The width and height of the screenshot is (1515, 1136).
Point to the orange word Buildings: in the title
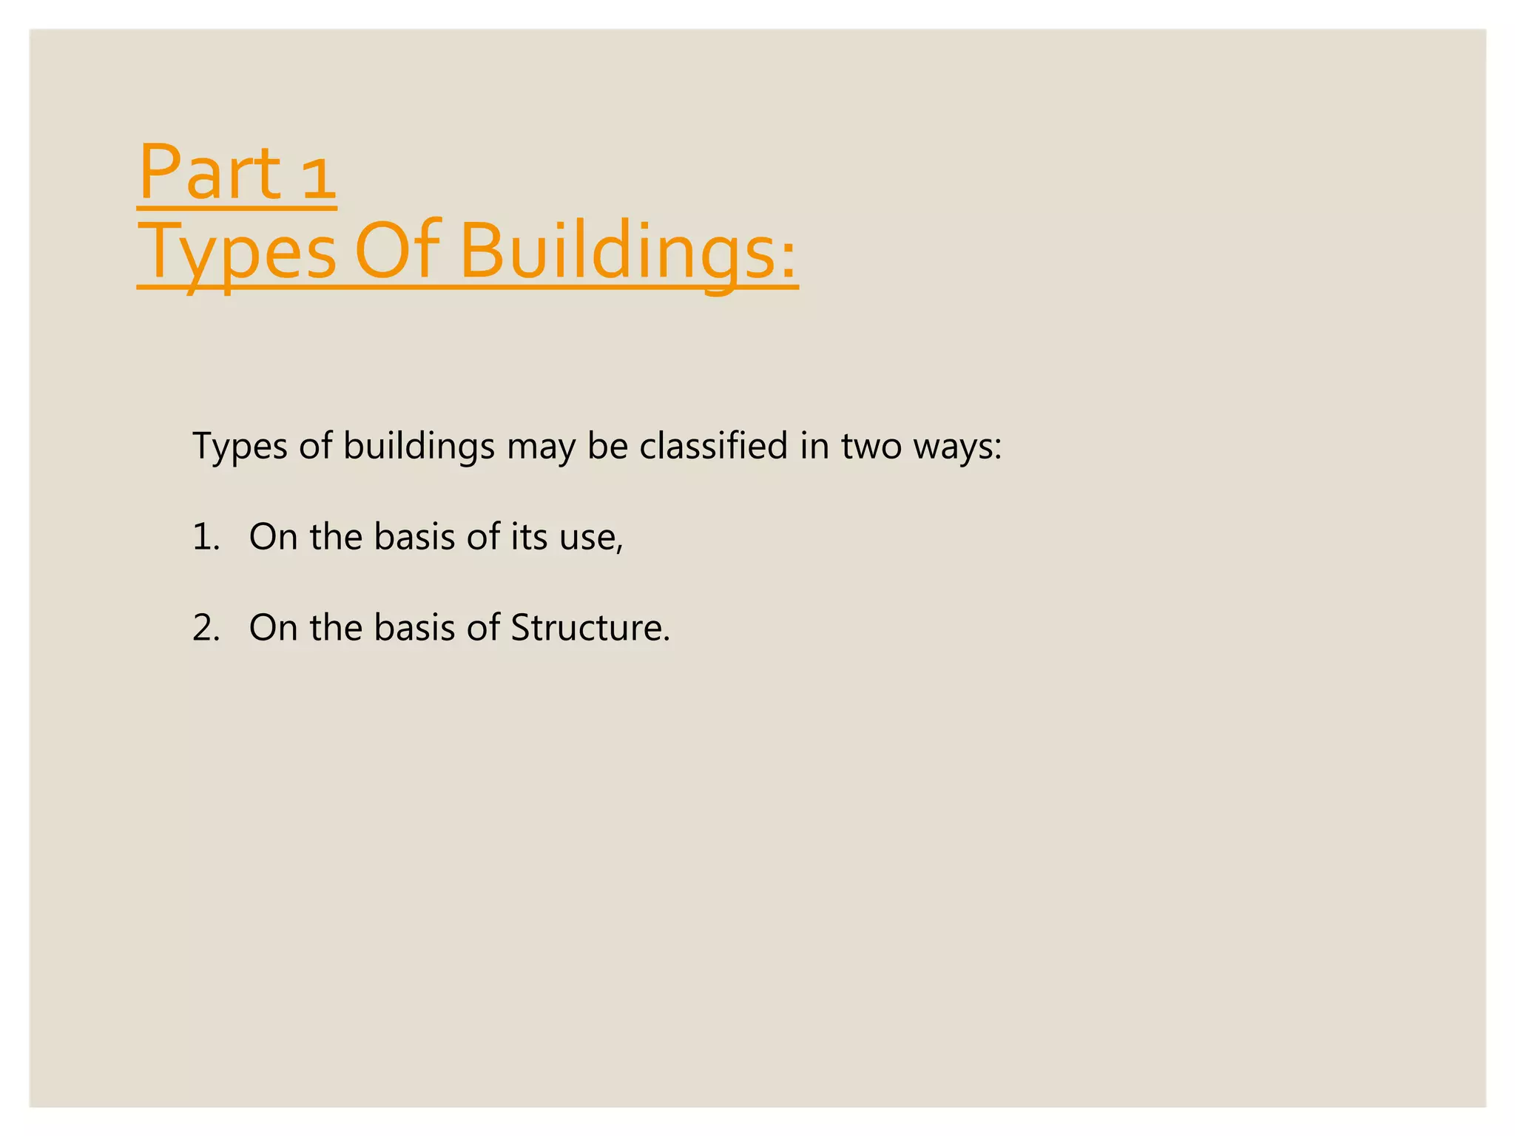pyautogui.click(x=629, y=251)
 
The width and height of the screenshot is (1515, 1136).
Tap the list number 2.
pyautogui.click(x=206, y=628)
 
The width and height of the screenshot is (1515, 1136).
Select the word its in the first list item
pyautogui.click(x=529, y=537)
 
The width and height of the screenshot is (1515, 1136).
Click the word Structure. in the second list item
pyautogui.click(x=590, y=628)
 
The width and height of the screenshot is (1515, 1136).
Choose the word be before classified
pyautogui.click(x=607, y=447)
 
